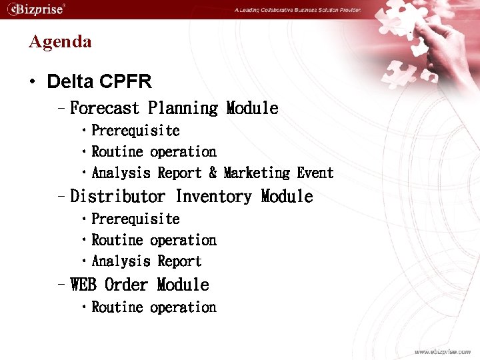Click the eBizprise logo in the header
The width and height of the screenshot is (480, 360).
[36, 9]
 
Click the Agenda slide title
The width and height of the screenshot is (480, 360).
[60, 41]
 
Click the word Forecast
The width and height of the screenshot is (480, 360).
[105, 108]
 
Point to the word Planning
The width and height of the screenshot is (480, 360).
[183, 108]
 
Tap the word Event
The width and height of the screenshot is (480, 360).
[315, 173]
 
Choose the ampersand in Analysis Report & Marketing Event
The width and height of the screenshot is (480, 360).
[213, 173]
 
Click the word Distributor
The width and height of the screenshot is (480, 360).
[117, 197]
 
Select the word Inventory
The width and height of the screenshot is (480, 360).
[213, 197]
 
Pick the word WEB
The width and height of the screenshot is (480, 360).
[83, 285]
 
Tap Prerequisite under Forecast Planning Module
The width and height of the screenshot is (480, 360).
[135, 131]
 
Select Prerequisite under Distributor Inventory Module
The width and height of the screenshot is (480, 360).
[135, 219]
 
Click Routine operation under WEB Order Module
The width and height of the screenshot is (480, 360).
[154, 307]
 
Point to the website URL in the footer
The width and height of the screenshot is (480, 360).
[442, 351]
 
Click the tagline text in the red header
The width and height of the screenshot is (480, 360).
[297, 10]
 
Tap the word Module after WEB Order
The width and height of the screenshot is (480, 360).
[183, 285]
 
